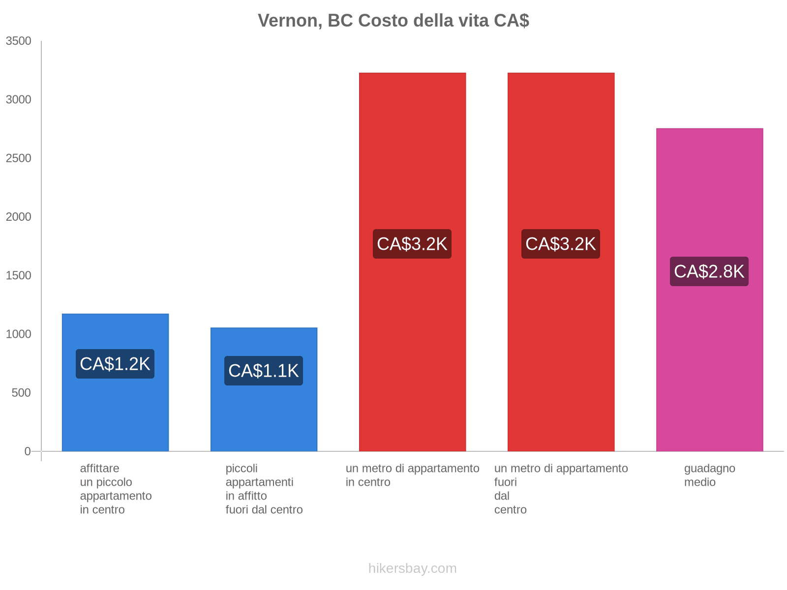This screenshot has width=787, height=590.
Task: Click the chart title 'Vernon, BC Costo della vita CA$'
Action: click(393, 21)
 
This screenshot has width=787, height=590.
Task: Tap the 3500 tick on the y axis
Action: click(19, 41)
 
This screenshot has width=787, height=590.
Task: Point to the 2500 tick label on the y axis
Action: click(19, 158)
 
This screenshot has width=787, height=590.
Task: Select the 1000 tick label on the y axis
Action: click(19, 334)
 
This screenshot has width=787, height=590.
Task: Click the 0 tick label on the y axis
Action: click(28, 451)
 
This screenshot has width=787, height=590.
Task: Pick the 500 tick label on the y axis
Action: click(22, 393)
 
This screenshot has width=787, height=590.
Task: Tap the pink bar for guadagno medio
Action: click(709, 344)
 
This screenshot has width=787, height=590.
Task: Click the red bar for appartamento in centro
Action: click(412, 344)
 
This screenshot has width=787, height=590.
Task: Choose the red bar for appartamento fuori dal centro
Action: click(561, 344)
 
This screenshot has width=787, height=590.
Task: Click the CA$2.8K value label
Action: click(709, 271)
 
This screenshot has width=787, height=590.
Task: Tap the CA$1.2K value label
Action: click(115, 364)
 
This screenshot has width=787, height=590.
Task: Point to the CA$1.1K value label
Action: click(264, 371)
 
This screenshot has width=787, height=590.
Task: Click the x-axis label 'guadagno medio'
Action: click(709, 475)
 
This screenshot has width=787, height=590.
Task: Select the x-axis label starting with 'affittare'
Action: click(116, 489)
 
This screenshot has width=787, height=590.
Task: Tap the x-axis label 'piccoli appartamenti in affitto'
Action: click(264, 489)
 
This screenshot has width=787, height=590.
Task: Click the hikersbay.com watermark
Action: click(412, 568)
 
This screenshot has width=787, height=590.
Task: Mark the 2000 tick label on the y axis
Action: click(19, 217)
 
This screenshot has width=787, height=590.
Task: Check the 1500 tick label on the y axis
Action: click(19, 275)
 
